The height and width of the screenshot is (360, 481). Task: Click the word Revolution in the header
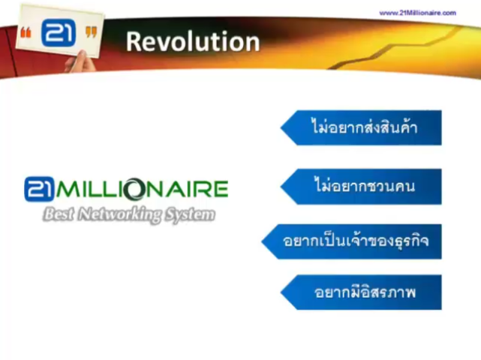(x=193, y=41)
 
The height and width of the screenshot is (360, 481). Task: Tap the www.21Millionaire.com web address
(x=417, y=13)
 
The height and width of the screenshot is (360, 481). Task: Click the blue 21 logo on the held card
(x=59, y=32)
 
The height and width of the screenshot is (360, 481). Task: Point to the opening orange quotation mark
(x=26, y=32)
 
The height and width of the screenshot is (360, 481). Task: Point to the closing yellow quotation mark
(x=91, y=32)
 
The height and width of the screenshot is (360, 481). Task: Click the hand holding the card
(x=80, y=62)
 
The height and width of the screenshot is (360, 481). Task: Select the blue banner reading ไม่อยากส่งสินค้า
(x=361, y=127)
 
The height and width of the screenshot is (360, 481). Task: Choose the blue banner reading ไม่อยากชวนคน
(x=361, y=187)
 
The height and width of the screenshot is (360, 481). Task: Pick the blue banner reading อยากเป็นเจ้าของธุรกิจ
(x=351, y=241)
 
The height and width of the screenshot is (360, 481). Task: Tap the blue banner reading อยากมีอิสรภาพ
(x=361, y=292)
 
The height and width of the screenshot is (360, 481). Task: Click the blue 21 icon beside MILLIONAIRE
(x=39, y=189)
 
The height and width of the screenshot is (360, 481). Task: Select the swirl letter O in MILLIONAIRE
(x=134, y=189)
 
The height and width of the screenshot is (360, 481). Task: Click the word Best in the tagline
(x=59, y=214)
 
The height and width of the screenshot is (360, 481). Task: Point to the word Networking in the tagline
(x=119, y=214)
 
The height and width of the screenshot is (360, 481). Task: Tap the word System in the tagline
(x=190, y=214)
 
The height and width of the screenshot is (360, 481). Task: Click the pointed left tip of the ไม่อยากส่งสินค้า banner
(x=281, y=127)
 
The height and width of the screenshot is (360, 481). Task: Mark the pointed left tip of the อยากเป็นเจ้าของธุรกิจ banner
(x=262, y=241)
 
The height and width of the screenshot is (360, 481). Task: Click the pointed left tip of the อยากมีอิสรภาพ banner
(x=281, y=292)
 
